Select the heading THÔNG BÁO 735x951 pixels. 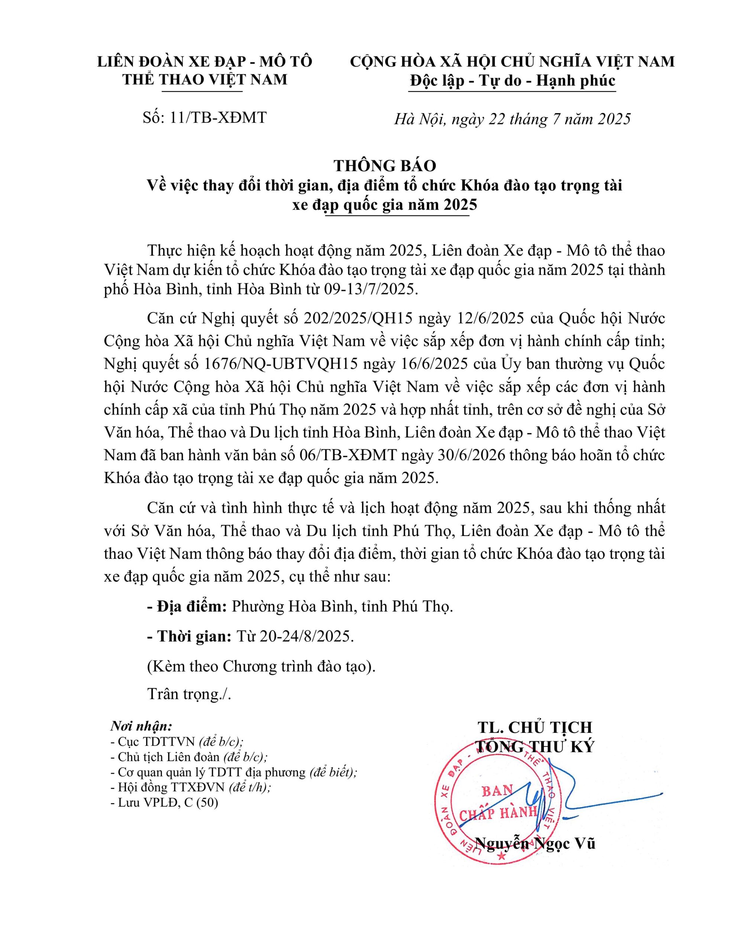coord(385,165)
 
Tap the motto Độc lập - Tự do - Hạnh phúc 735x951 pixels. coord(512,81)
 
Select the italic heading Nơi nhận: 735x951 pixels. coord(141,726)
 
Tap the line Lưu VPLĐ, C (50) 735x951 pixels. coord(164,802)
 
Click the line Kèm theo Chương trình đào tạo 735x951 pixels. coord(261,667)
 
